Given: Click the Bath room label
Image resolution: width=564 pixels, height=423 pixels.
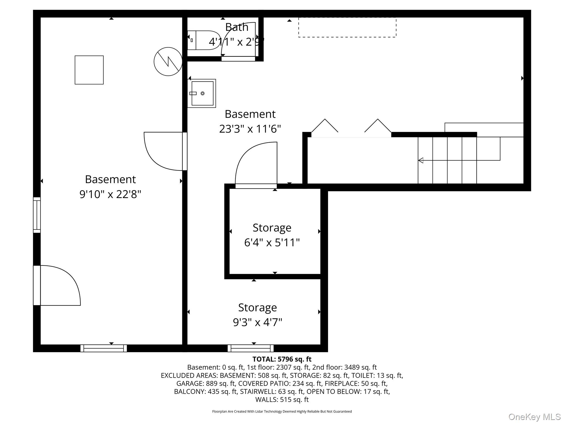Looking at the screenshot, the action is tap(237, 27).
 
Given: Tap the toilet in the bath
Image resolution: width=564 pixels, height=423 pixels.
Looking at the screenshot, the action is tap(204, 40).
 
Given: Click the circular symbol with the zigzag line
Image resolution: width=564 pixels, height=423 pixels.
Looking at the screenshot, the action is tap(168, 61).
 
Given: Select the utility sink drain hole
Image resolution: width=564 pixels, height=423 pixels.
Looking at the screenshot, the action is tap(203, 93).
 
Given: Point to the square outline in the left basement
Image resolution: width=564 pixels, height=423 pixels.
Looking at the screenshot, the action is tap(89, 70).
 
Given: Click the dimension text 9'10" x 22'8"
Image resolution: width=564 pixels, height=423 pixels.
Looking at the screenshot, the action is tap(110, 194).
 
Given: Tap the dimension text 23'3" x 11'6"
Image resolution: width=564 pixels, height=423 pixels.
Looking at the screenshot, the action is tap(250, 129).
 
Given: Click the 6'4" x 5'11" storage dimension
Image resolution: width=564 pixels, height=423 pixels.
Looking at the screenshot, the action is tap(272, 243).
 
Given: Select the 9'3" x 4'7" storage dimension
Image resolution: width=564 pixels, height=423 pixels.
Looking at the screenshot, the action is tap(257, 322).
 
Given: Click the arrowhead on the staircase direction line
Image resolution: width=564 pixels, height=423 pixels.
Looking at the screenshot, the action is tap(421, 160).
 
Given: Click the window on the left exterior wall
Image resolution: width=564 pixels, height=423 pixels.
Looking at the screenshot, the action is tap(37, 215).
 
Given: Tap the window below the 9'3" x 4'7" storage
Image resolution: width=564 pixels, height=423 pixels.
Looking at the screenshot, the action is tap(251, 348).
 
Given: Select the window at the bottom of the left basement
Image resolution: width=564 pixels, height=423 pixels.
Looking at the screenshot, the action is tap(104, 348).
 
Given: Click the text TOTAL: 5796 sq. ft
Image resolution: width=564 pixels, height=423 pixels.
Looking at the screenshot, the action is tap(282, 359).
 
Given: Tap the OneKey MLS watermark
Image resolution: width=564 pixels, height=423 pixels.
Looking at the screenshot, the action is tap(535, 417).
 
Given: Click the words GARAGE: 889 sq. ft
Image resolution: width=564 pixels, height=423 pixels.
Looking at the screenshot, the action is tap(206, 383).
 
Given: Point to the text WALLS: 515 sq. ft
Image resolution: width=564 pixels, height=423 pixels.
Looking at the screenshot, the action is tap(282, 400).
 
